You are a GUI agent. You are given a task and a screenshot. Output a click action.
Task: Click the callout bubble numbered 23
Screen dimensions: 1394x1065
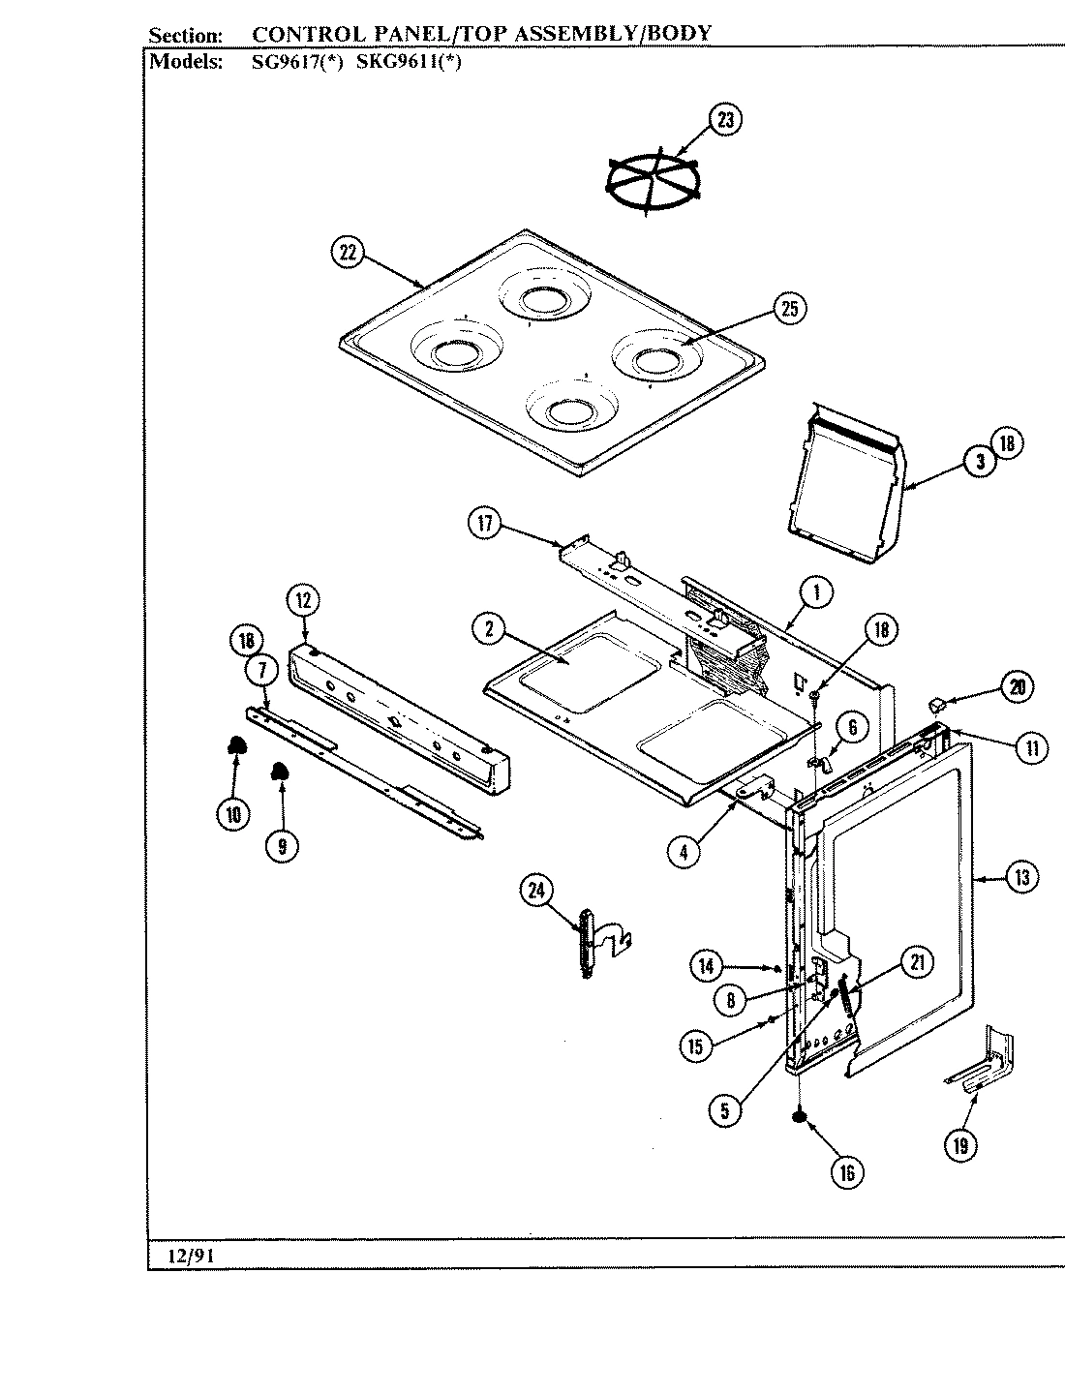pyautogui.click(x=726, y=120)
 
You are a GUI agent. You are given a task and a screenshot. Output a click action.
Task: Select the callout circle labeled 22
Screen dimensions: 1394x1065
pyautogui.click(x=348, y=253)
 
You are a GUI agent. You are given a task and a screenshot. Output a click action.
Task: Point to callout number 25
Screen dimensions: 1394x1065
pyautogui.click(x=789, y=309)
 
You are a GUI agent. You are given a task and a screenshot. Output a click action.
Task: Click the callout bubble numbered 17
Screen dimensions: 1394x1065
pyautogui.click(x=485, y=525)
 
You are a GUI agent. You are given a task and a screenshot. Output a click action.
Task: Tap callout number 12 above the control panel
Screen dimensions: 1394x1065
pyautogui.click(x=302, y=600)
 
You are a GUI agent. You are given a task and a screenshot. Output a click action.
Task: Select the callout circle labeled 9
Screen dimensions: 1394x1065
pyautogui.click(x=282, y=845)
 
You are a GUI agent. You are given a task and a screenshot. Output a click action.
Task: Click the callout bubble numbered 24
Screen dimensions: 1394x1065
pyautogui.click(x=535, y=891)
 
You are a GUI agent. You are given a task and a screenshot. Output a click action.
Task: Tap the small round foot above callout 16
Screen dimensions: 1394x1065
pyautogui.click(x=800, y=1118)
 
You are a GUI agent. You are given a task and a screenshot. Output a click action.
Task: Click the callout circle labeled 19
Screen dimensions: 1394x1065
pyautogui.click(x=960, y=1146)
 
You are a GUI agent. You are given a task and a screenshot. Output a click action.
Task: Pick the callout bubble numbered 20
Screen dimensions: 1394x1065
pyautogui.click(x=1017, y=687)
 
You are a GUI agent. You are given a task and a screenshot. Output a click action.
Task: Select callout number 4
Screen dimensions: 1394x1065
pyautogui.click(x=684, y=853)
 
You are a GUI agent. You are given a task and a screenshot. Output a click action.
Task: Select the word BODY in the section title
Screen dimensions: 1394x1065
pyautogui.click(x=678, y=33)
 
